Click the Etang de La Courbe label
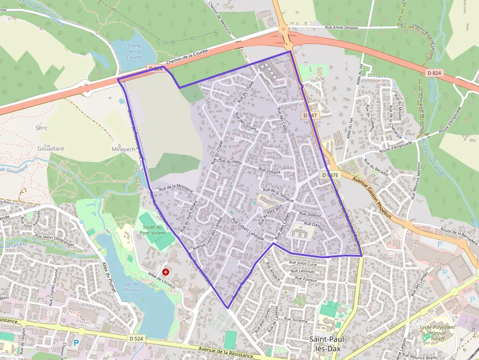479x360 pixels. click(x=134, y=51)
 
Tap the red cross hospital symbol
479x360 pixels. click(x=166, y=272)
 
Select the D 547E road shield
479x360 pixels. click(x=330, y=174)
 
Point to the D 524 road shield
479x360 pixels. click(x=137, y=338)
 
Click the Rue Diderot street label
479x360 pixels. click(x=309, y=214)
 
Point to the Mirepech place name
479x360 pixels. click(x=123, y=149)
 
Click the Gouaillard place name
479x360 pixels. click(x=51, y=148)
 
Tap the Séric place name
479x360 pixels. click(x=42, y=127)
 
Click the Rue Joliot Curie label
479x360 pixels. click(x=303, y=263)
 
